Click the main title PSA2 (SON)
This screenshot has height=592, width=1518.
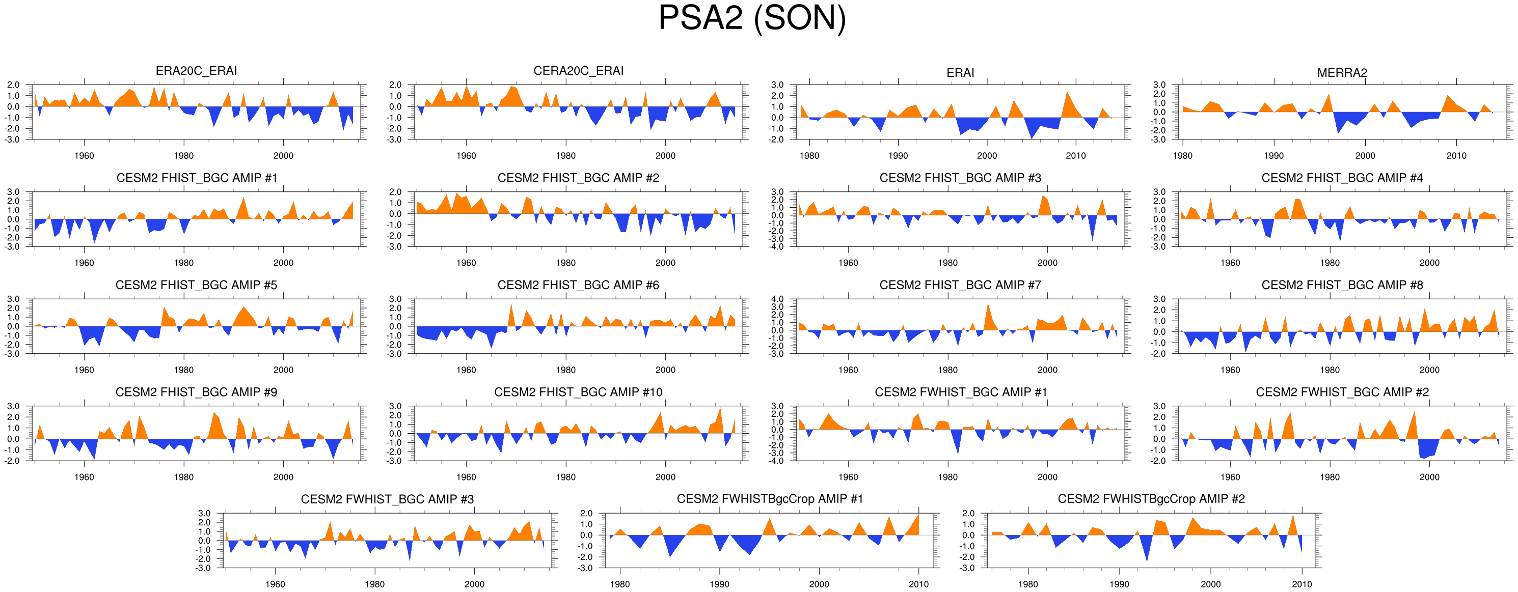pyautogui.click(x=752, y=19)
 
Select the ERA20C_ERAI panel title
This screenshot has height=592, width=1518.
pyautogui.click(x=196, y=71)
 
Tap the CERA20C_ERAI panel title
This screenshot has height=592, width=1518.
pyautogui.click(x=578, y=71)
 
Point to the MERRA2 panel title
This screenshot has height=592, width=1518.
pyautogui.click(x=1342, y=73)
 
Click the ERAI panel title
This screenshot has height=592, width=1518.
pyautogui.click(x=960, y=73)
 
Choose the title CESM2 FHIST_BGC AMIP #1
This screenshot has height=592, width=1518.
pyautogui.click(x=196, y=178)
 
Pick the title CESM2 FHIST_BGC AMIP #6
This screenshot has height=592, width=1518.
pyautogui.click(x=578, y=285)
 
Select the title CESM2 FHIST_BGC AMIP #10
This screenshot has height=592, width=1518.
pyautogui.click(x=578, y=392)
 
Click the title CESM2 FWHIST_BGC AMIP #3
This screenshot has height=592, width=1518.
pyautogui.click(x=387, y=499)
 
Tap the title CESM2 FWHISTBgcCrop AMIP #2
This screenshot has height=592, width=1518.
pyautogui.click(x=1151, y=499)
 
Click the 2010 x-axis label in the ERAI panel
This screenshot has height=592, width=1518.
pyautogui.click(x=1075, y=156)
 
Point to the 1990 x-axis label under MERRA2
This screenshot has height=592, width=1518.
pyautogui.click(x=1273, y=156)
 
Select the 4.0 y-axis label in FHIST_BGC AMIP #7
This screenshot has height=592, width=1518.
pyautogui.click(x=777, y=299)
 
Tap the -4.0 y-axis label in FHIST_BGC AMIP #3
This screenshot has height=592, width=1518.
pyautogui.click(x=776, y=247)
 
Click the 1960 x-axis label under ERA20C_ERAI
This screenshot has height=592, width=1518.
pyautogui.click(x=84, y=156)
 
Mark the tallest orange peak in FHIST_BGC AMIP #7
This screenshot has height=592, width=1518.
pyautogui.click(x=988, y=303)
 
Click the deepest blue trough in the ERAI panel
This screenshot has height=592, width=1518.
pyautogui.click(x=1031, y=138)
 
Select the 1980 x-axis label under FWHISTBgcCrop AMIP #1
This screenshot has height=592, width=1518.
pyautogui.click(x=620, y=584)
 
